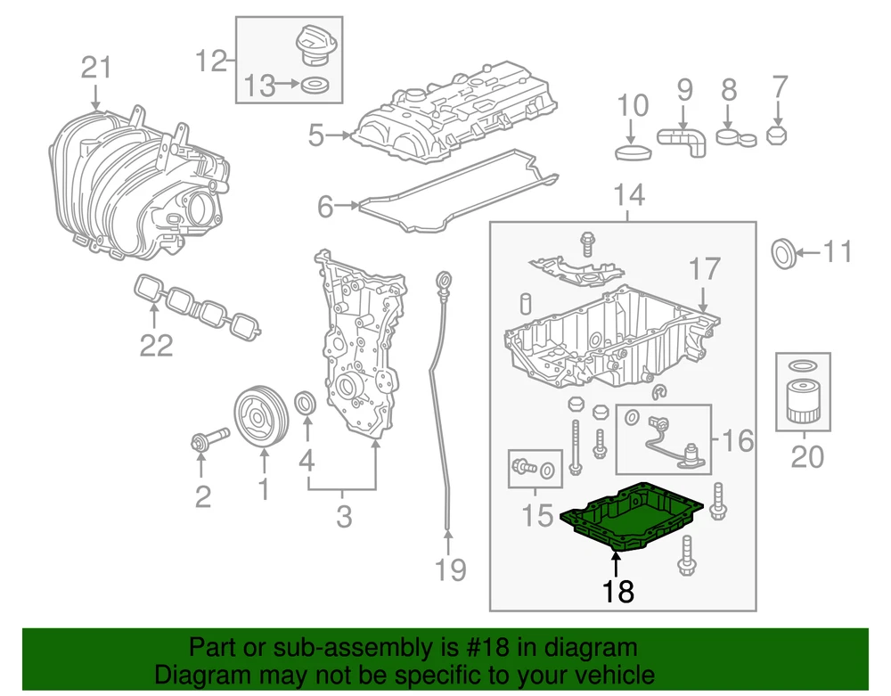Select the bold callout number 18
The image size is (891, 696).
617,590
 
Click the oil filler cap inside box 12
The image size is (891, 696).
313,45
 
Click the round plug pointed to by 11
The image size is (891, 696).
782,253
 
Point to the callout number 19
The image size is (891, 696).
451,568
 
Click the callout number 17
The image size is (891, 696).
704,270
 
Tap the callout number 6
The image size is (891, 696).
325,208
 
